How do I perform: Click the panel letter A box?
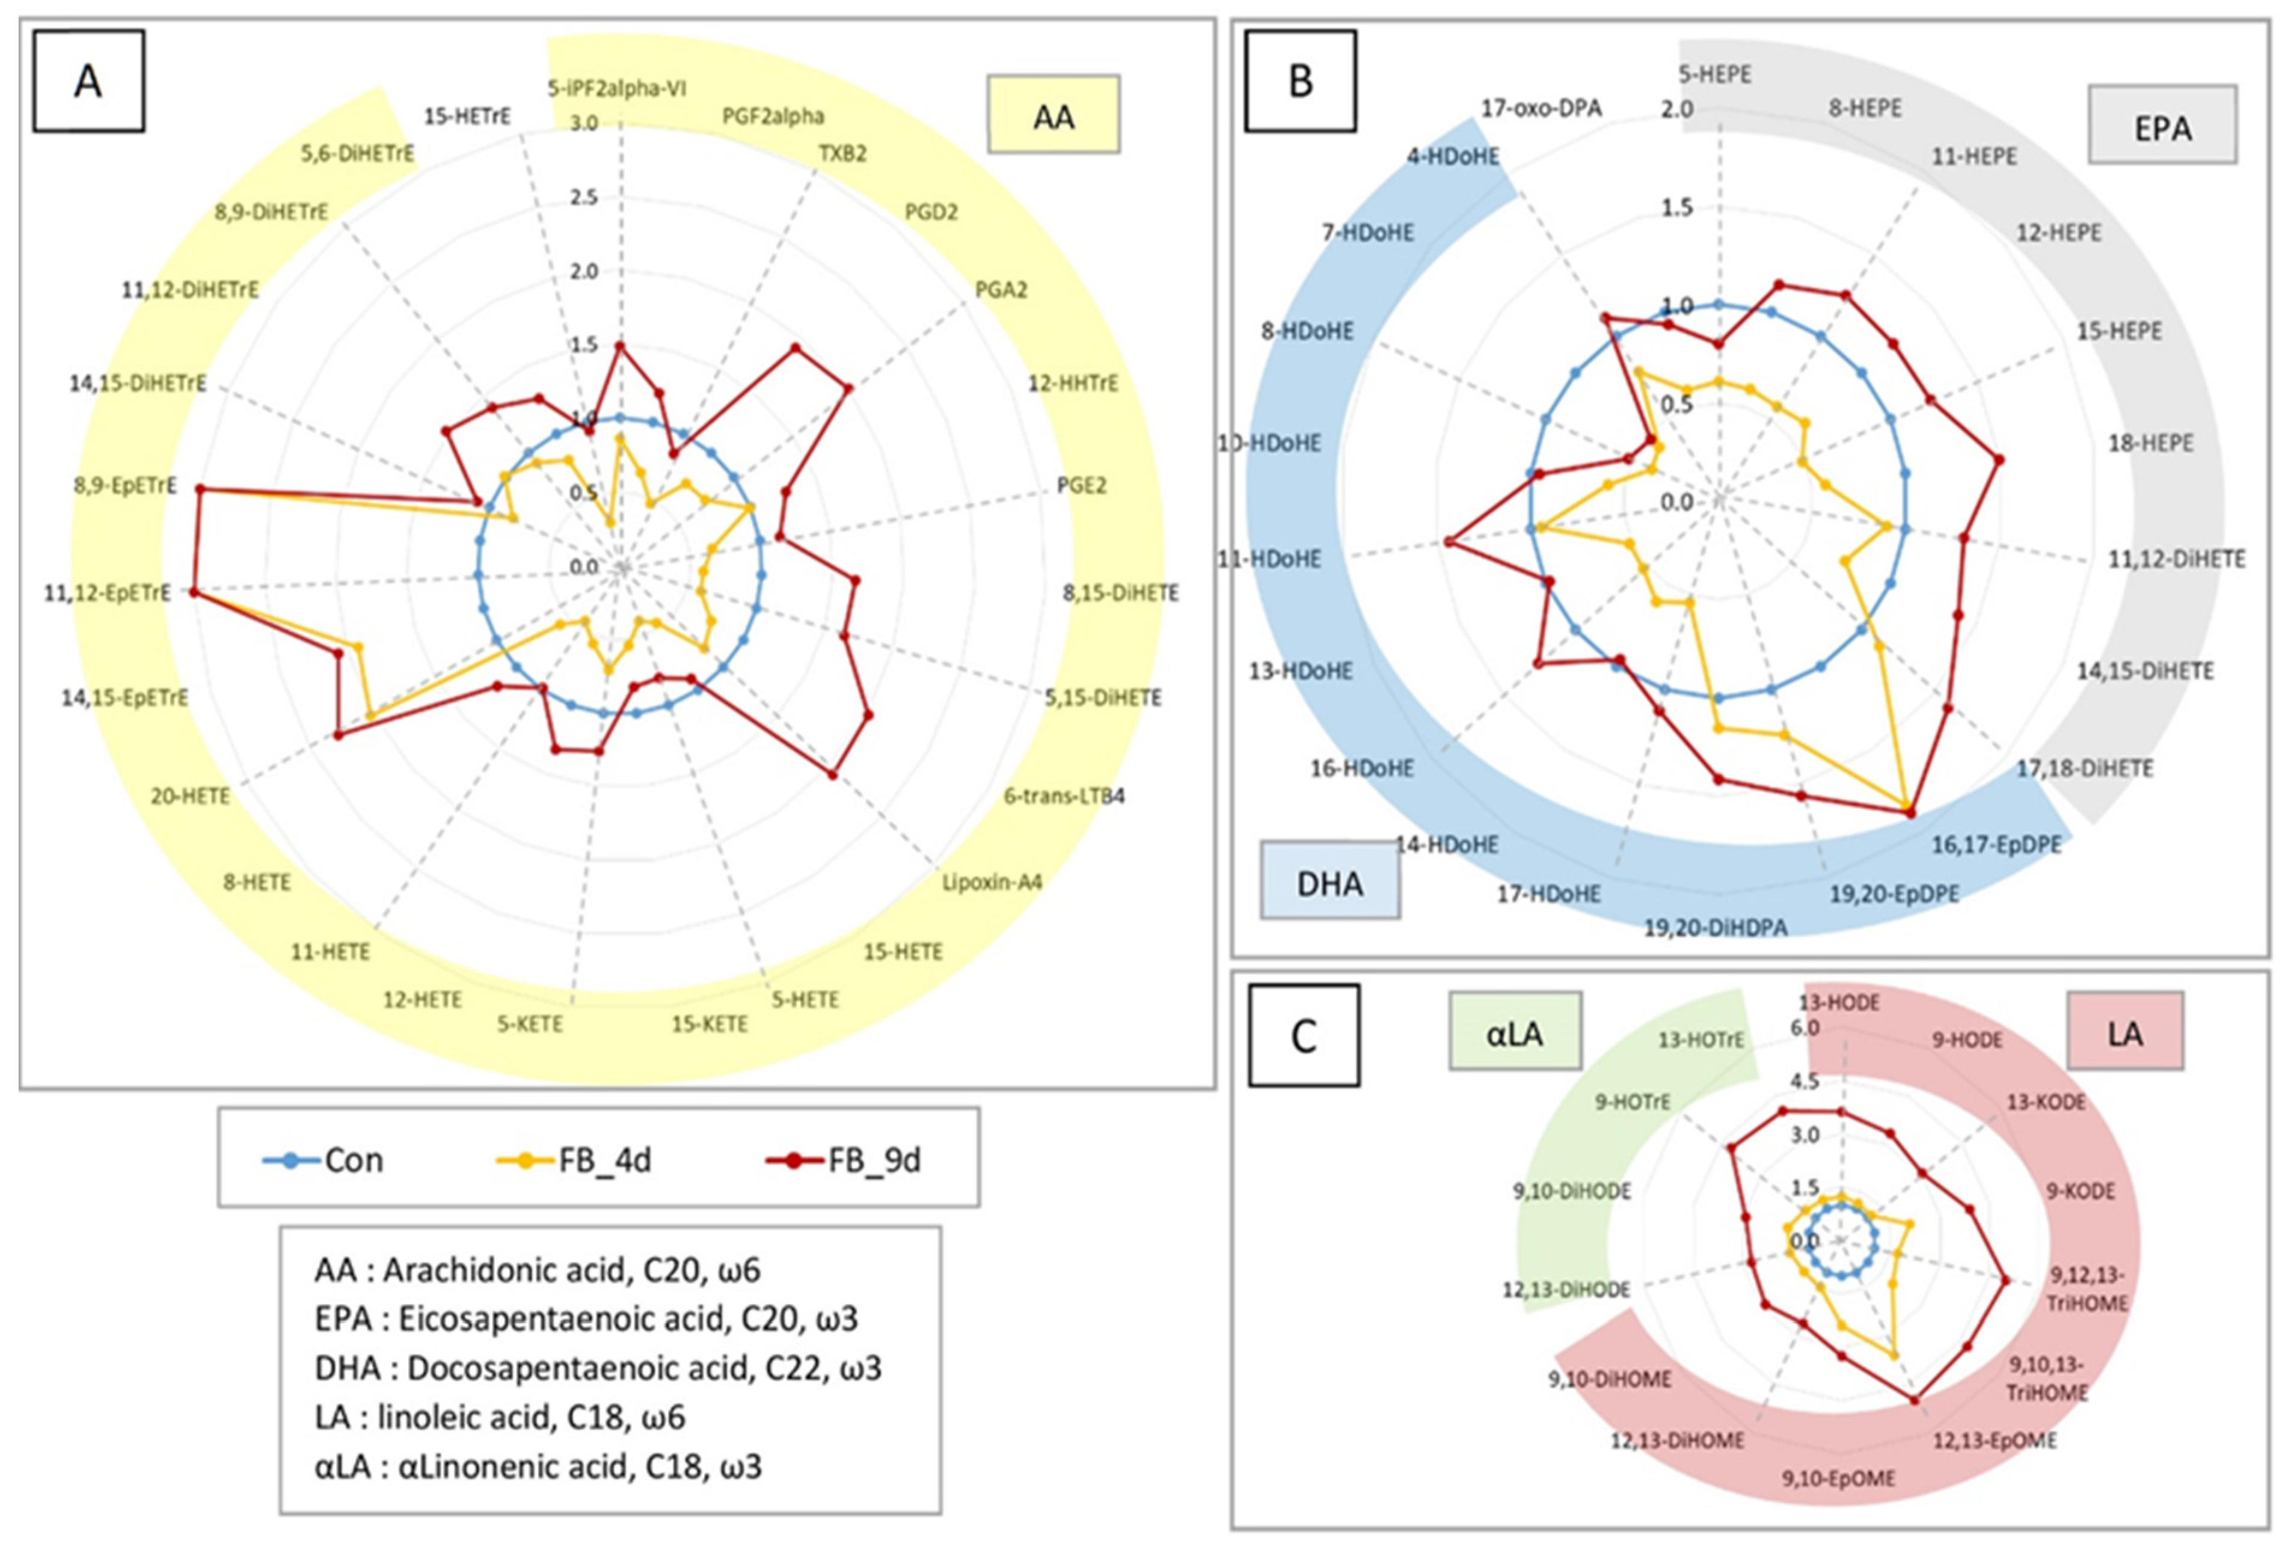coord(88,81)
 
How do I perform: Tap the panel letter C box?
coord(1304,1035)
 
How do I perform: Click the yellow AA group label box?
coord(1053,116)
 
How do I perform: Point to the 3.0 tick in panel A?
coord(584,123)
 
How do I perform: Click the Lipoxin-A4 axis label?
coord(992,881)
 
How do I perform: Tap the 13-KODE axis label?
coord(2046,1102)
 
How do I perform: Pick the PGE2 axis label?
coord(1081,485)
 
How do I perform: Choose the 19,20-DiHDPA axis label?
coord(1715,927)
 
